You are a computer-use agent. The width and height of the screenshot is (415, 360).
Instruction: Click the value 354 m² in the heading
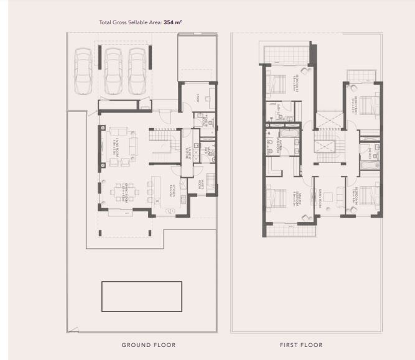[x=172, y=22]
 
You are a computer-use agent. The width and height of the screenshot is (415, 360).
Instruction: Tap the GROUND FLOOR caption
[x=148, y=344]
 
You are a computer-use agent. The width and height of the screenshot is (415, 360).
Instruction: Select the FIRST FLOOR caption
[x=302, y=344]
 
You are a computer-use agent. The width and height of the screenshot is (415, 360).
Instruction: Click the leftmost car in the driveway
[x=83, y=69]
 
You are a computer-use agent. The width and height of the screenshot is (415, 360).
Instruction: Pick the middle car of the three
[x=113, y=69]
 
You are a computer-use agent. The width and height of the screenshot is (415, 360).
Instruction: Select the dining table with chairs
[x=120, y=193]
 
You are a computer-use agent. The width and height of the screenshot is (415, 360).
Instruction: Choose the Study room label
[x=197, y=98]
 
